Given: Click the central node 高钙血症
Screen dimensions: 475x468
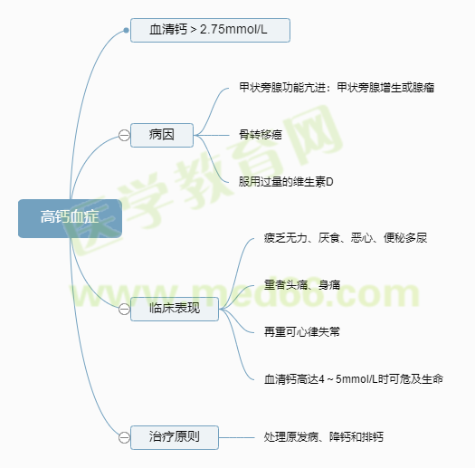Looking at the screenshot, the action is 70,218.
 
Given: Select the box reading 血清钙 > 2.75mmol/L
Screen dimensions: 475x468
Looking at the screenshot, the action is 210,30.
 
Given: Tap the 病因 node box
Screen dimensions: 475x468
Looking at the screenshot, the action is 162,135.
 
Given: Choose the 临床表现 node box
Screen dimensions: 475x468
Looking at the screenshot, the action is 175,309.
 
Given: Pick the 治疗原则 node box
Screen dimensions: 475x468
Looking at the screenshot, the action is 175,437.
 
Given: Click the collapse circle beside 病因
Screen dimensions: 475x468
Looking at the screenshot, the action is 124,135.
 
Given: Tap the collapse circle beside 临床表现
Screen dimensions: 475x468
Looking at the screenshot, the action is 124,310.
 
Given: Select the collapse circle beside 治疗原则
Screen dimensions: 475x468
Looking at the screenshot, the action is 124,438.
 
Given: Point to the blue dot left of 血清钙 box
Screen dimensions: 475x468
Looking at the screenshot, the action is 126,30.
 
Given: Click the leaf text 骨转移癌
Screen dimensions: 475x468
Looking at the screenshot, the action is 261,135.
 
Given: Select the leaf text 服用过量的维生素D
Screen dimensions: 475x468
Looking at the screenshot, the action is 286,182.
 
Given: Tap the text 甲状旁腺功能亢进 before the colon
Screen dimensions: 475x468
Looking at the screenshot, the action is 282,88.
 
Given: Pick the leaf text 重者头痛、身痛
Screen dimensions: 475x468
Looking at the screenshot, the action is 302,285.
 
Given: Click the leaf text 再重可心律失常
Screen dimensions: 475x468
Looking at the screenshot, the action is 301,332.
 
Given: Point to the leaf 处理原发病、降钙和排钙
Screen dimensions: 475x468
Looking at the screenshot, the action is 324,437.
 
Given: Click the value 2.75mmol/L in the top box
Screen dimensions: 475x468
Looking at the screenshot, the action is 233,30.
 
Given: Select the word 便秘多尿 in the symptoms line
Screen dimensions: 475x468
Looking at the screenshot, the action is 405,238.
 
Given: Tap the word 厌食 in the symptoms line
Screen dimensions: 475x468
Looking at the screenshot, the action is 329,238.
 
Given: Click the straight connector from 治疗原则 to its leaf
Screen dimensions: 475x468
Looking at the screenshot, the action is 236,438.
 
